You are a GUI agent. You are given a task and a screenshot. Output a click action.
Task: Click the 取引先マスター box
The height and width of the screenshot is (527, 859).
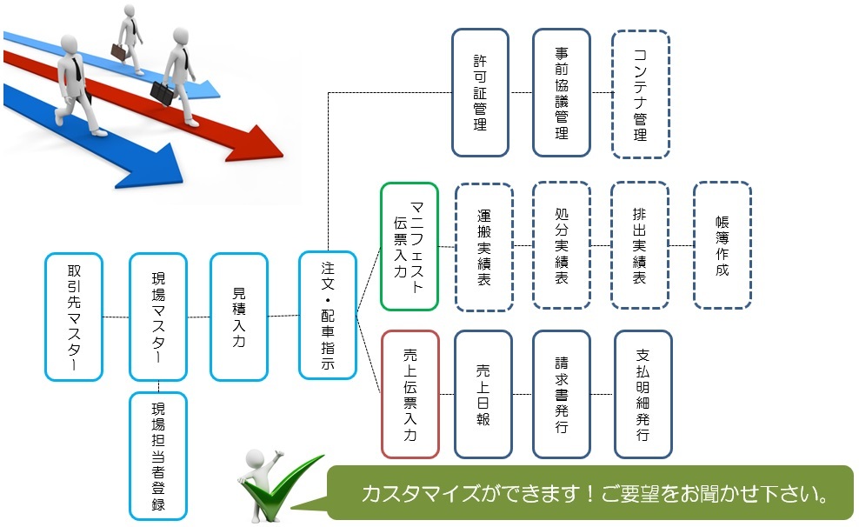tap(74, 317)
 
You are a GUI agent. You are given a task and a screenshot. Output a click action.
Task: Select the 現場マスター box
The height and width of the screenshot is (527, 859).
tap(157, 317)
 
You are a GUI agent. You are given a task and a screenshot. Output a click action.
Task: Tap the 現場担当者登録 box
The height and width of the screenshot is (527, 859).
tap(157, 456)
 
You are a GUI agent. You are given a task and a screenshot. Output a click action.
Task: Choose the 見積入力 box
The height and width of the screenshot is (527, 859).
tap(239, 317)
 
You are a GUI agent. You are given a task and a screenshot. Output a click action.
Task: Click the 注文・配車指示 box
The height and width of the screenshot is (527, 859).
tap(328, 315)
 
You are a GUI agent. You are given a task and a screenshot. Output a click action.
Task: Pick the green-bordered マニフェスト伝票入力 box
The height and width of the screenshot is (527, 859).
tap(410, 246)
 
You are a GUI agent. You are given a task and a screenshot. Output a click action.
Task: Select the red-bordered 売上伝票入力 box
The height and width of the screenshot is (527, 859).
tap(410, 394)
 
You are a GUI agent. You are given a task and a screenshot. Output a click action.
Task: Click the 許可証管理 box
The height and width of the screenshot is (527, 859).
tap(480, 93)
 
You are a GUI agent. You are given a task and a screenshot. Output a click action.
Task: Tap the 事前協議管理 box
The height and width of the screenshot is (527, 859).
tap(562, 93)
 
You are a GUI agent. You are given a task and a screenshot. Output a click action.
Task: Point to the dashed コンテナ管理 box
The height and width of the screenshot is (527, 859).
tap(641, 94)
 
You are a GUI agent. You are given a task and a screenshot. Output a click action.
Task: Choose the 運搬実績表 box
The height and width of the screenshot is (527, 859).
tap(484, 245)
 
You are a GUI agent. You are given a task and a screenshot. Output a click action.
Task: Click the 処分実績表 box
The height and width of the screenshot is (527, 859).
tap(562, 245)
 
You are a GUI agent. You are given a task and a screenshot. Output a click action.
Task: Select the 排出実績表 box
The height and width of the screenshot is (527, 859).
tap(640, 245)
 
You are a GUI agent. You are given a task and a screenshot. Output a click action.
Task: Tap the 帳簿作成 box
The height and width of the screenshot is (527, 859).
tap(722, 245)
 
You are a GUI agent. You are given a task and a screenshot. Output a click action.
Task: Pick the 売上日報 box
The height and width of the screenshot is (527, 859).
tap(483, 394)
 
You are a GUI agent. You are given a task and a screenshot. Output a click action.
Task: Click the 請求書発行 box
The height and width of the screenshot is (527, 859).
tap(562, 394)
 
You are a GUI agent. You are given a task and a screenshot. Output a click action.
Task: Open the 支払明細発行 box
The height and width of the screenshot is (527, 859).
tap(643, 394)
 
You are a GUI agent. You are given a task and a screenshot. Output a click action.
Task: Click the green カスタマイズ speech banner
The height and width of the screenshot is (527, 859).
tap(590, 493)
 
